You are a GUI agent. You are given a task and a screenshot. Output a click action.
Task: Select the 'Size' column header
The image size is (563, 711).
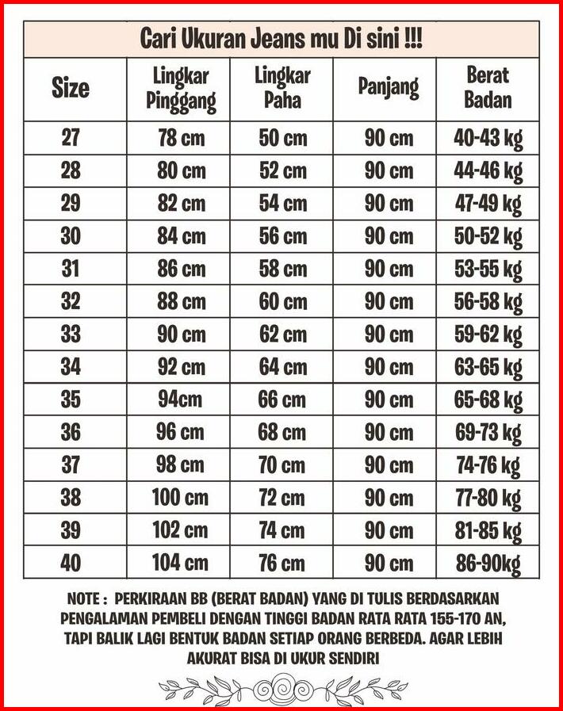pos(71,88)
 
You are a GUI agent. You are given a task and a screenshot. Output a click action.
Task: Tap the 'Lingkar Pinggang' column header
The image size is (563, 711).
pos(181,89)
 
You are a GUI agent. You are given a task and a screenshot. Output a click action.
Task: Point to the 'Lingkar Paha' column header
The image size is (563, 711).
pos(282,88)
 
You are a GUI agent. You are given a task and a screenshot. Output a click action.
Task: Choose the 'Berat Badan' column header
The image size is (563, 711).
pos(488,88)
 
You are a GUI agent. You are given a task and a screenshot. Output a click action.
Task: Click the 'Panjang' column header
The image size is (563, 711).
pos(389,87)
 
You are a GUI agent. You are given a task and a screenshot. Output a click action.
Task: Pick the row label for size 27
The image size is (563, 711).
pos(71,138)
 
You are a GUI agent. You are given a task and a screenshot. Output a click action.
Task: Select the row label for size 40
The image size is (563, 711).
pos(71,563)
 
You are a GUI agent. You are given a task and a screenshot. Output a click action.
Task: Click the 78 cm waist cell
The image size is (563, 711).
pos(181,138)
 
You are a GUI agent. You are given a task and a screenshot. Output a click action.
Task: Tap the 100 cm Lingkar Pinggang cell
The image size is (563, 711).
pos(181,498)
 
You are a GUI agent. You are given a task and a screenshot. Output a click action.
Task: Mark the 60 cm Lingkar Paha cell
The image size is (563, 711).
pos(282,301)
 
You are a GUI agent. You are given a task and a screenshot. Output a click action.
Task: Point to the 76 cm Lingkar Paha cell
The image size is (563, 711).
pos(282,563)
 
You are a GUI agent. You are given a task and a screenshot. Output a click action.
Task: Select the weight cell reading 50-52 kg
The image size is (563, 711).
pos(488,236)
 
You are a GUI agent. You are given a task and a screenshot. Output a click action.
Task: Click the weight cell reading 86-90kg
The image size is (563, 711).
pos(488,563)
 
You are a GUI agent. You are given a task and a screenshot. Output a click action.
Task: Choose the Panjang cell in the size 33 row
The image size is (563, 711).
pos(389,334)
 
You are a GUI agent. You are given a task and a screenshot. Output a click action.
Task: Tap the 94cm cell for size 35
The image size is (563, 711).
pos(181,399)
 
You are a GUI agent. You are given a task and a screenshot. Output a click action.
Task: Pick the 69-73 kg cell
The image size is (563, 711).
pos(488,433)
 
